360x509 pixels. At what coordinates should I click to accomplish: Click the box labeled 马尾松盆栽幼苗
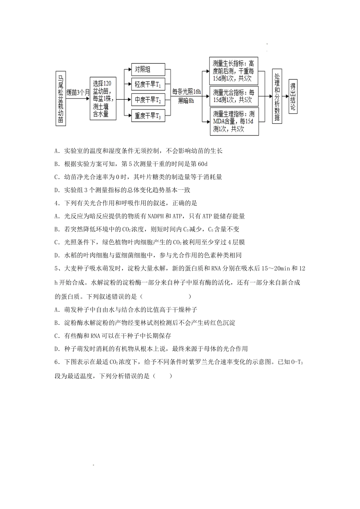tap(61, 98)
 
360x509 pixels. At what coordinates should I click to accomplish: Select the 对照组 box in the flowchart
tap(148, 70)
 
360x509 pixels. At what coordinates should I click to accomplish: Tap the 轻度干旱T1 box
tap(148, 84)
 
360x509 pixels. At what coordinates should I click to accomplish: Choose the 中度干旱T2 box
tap(148, 100)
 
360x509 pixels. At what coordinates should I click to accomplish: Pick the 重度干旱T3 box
tap(148, 116)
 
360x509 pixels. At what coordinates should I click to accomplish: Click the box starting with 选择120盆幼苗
tap(103, 98)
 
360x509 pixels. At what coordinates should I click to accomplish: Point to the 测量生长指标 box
tap(233, 71)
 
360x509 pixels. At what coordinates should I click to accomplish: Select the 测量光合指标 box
tap(233, 96)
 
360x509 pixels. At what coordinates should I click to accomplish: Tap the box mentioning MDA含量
tap(233, 121)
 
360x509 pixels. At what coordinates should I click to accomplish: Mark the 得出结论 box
tap(293, 97)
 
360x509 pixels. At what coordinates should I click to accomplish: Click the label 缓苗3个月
tap(78, 92)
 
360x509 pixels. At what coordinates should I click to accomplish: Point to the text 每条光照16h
tap(186, 91)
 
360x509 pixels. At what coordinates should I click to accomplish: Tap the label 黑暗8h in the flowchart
tap(186, 101)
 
